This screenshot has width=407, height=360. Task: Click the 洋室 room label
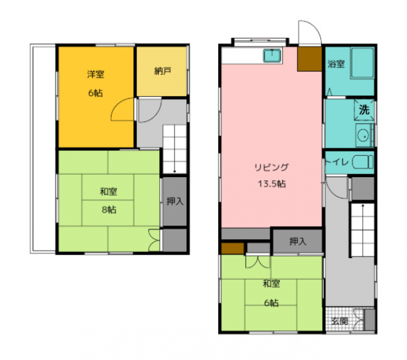[x=96, y=74]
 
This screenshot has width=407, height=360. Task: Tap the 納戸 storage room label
[x=162, y=71]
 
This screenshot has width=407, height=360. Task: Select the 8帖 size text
[x=109, y=209]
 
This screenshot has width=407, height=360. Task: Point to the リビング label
[x=271, y=168]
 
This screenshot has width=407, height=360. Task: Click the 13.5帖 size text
[x=272, y=184]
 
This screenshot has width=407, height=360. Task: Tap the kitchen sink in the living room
[x=272, y=56]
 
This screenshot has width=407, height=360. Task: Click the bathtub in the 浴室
[x=362, y=63]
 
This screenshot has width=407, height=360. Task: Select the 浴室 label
[x=336, y=64]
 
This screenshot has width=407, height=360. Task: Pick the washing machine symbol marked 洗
[x=364, y=110]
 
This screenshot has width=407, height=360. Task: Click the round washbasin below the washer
[x=363, y=135]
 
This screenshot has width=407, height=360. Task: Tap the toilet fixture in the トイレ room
[x=363, y=162]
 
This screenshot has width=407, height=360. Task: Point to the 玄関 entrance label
[x=339, y=321]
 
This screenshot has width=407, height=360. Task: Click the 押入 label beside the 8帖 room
[x=175, y=201]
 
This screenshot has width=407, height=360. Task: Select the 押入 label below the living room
[x=298, y=241]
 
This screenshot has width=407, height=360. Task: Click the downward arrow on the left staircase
[x=175, y=149]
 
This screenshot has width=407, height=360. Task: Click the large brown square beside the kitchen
[x=310, y=59]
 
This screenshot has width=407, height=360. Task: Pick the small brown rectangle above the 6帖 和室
[x=232, y=248]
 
